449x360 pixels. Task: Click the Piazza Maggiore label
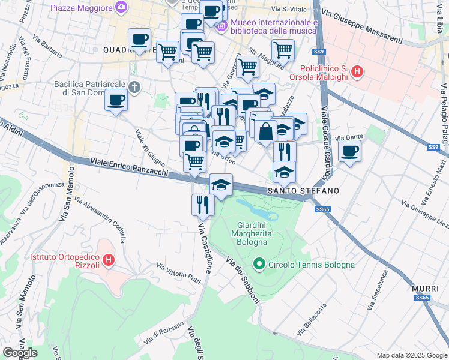tap(82, 8)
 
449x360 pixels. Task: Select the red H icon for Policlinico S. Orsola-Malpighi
tap(357, 73)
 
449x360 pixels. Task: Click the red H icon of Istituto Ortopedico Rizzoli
tap(109, 260)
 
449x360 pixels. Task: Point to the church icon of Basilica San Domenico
tap(134, 88)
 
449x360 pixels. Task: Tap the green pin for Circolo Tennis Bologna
tap(259, 263)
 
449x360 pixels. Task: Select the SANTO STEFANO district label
tap(303, 190)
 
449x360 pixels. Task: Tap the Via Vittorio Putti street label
tap(178, 273)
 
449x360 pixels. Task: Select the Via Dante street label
tap(354, 137)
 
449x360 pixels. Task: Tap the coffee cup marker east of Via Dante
tap(349, 152)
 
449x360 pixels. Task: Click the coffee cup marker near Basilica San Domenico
tap(116, 100)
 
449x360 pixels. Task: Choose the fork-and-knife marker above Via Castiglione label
tap(203, 205)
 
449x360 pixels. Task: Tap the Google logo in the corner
tap(20, 353)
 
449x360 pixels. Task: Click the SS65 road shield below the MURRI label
tap(423, 298)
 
